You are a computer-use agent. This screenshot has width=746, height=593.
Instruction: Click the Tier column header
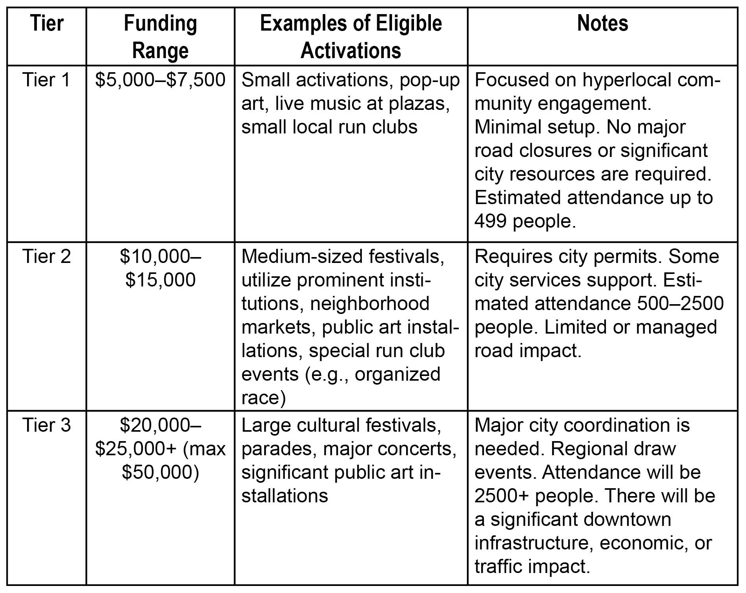click(x=47, y=24)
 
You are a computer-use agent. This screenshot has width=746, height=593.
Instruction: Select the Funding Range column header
click(x=160, y=37)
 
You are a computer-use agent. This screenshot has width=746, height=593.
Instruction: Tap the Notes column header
click(x=602, y=24)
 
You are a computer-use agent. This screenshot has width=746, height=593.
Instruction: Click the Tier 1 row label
click(x=47, y=80)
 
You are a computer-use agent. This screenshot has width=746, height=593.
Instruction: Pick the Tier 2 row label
click(x=47, y=257)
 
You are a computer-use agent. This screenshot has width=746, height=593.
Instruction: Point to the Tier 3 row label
click(x=47, y=425)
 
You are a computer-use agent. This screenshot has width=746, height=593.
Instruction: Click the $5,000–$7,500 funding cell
click(x=160, y=80)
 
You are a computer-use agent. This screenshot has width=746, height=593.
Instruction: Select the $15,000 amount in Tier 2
click(x=160, y=280)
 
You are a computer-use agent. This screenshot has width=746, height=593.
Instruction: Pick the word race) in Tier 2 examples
click(x=263, y=398)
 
